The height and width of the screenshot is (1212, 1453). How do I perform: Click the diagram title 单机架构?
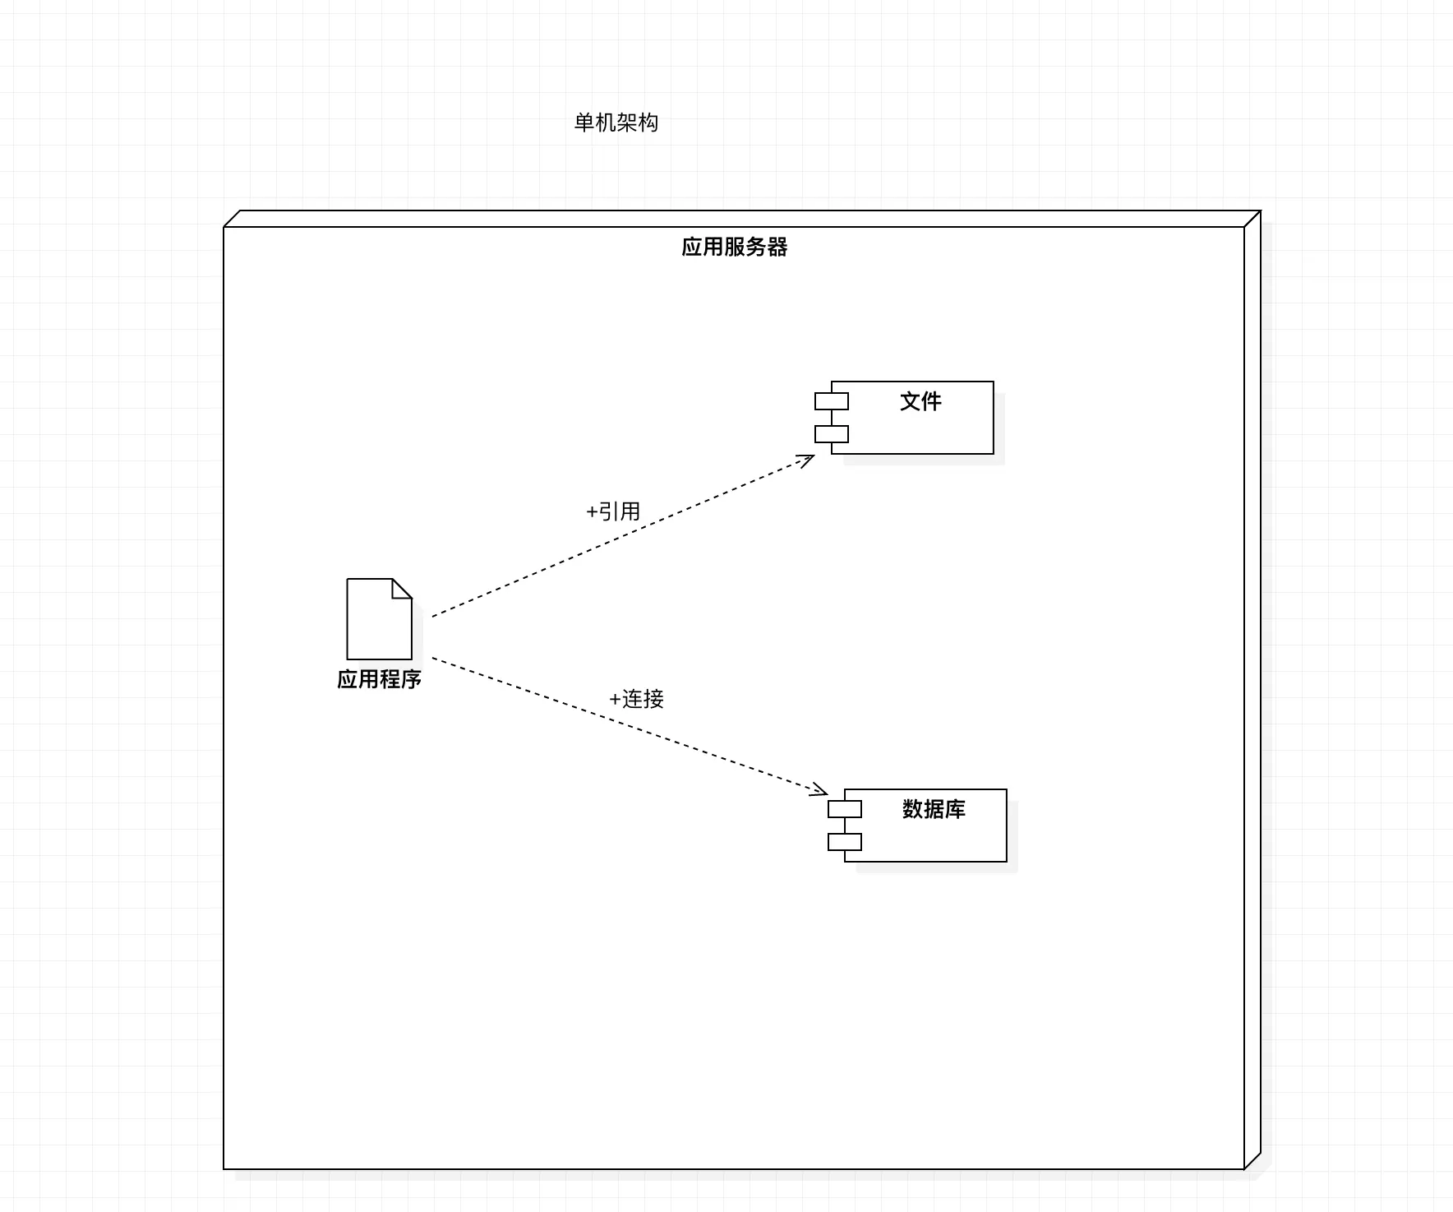616,123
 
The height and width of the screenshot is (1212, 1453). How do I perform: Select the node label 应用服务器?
734,247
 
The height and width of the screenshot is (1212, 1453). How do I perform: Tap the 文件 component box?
920,432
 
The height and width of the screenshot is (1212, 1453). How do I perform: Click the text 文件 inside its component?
920,401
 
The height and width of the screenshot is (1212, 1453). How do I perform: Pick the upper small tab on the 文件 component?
831,401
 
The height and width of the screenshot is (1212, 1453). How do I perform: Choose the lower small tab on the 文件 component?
831,434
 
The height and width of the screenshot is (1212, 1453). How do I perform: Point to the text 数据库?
934,809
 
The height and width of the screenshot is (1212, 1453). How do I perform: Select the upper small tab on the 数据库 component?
844,809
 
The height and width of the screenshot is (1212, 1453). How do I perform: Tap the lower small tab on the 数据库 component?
844,842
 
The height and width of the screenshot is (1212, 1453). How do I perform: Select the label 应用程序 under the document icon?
379,679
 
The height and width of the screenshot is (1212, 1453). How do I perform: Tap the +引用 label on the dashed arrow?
613,511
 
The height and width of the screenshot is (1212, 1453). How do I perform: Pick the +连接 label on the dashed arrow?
636,699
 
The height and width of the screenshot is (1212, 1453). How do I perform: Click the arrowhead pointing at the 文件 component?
807,459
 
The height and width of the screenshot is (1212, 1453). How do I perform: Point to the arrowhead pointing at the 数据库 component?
819,791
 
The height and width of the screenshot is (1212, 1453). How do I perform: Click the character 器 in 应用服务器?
777,247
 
